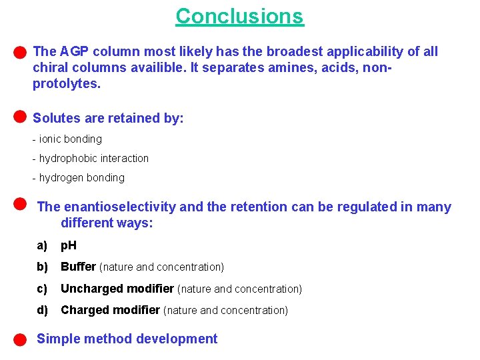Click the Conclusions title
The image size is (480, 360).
pyautogui.click(x=239, y=16)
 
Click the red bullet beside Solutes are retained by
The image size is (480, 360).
pyautogui.click(x=20, y=117)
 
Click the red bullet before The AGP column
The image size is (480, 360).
pyautogui.click(x=20, y=51)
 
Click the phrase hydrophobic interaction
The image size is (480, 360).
pyautogui.click(x=93, y=158)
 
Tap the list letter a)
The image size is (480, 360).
pyautogui.click(x=43, y=245)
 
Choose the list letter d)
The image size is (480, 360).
pyautogui.click(x=43, y=310)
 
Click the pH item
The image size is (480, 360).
pyautogui.click(x=69, y=245)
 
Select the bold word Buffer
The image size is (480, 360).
pyautogui.click(x=79, y=267)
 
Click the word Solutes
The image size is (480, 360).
pyautogui.click(x=55, y=119)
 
